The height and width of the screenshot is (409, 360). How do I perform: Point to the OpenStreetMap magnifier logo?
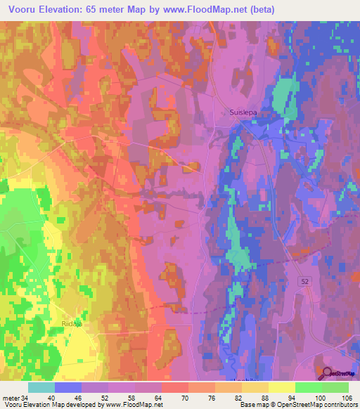pos(328,372)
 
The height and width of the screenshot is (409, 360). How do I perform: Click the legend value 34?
pos(25,398)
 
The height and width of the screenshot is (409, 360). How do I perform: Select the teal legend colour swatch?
pos(41,387)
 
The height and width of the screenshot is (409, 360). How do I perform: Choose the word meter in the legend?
pos(10,398)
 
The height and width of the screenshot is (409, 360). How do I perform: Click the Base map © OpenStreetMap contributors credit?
pos(298,405)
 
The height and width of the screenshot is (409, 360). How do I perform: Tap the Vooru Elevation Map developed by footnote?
pos(82,405)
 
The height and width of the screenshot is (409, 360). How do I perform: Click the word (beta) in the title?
pos(260,10)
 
